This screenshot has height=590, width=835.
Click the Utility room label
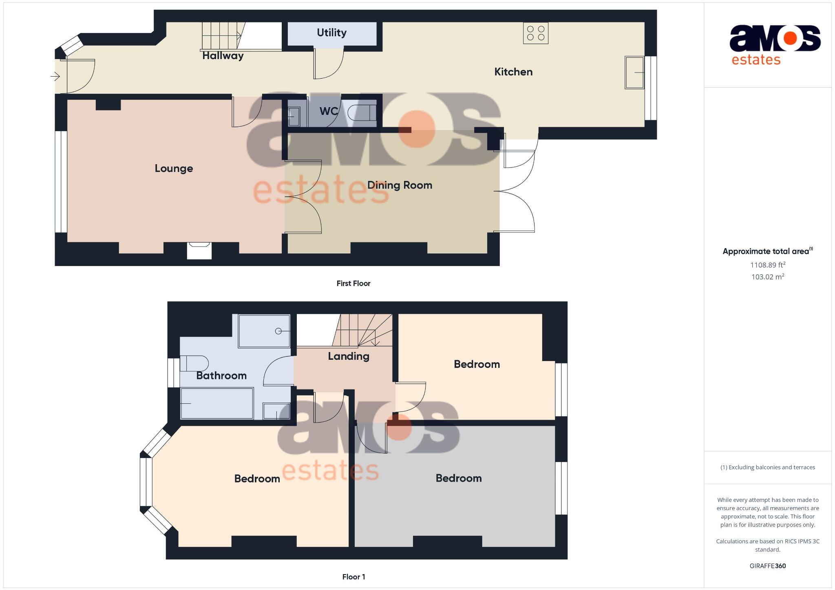coord(331,33)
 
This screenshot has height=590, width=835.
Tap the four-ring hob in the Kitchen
coord(536,33)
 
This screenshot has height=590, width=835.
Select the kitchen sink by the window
coord(634,73)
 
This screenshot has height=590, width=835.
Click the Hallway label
coord(223,56)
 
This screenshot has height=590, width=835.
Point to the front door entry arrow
coord(55,76)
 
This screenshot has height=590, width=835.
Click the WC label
coord(328,111)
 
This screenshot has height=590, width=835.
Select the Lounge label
coord(174,168)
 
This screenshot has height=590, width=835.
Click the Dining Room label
coord(400,185)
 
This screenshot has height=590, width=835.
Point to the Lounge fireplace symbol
coord(199,250)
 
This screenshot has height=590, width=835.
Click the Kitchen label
coord(513,72)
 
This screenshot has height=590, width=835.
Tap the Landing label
coord(349,356)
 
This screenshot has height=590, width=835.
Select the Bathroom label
coord(221,376)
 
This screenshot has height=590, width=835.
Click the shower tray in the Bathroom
coord(264,331)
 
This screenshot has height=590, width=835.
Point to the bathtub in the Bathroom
coord(217,403)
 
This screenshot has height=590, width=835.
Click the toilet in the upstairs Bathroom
coord(194,363)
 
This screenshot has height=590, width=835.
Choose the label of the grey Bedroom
coord(459,478)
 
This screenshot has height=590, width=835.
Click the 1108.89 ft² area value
coord(768,265)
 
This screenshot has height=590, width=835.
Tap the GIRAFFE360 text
coord(768,566)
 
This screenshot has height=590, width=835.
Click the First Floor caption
coord(353,284)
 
